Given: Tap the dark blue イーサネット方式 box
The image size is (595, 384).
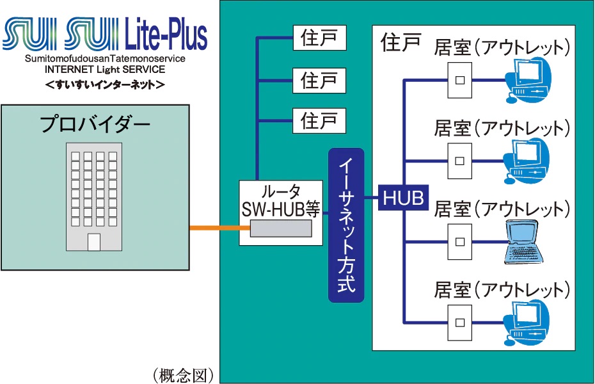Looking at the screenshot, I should (345, 225).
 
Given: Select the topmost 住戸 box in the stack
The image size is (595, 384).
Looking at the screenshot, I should (319, 38).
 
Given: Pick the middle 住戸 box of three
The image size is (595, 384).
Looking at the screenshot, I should (319, 79).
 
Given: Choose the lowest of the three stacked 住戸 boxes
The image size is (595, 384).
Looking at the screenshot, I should (319, 120).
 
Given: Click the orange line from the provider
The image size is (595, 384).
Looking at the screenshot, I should (214, 228).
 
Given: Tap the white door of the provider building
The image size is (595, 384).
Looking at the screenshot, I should (94, 243).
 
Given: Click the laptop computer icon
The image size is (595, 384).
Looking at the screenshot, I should (527, 242).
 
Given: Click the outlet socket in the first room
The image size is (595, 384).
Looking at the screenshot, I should (459, 80).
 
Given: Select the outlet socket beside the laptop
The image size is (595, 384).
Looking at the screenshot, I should (459, 242).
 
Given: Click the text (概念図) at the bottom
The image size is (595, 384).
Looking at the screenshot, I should (182, 374).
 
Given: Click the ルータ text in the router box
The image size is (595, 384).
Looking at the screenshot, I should (282, 191).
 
